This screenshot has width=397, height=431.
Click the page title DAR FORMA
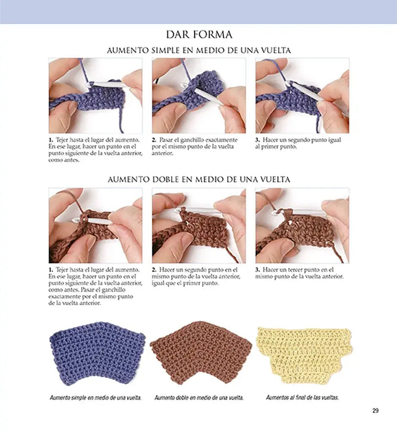(x=199, y=34)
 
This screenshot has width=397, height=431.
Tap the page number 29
(x=375, y=411)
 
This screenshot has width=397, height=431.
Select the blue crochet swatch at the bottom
(x=97, y=354)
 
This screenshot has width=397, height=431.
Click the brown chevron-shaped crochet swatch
(x=201, y=353)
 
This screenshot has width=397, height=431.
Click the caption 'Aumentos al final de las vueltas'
(x=302, y=397)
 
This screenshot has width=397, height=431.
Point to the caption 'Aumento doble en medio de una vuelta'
(x=199, y=397)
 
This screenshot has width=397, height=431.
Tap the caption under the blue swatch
(x=96, y=397)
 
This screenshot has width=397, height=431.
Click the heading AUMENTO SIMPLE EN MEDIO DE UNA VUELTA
(x=199, y=50)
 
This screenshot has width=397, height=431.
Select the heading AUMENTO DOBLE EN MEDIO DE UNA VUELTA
(x=199, y=180)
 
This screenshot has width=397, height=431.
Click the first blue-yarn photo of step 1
(x=95, y=95)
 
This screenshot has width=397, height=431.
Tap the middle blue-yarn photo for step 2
(x=199, y=95)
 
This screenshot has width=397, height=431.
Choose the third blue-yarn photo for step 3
(x=302, y=95)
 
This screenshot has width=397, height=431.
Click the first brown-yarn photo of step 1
(x=95, y=226)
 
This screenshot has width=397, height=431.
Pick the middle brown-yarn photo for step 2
(x=199, y=226)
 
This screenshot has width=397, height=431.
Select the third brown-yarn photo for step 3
(x=302, y=226)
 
